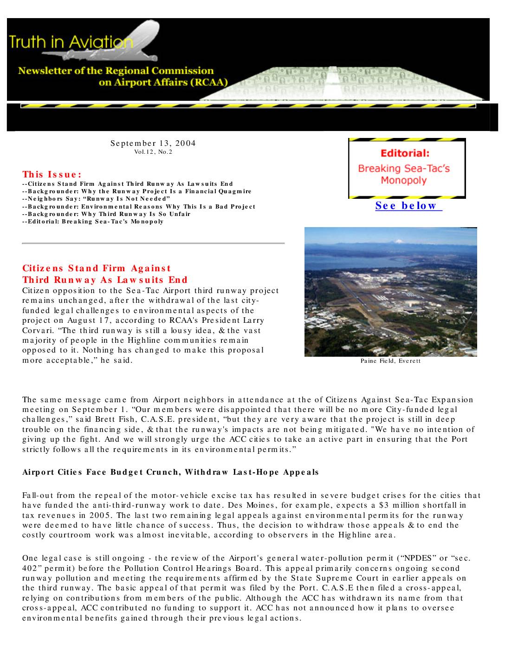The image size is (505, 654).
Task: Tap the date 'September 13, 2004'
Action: (153, 143)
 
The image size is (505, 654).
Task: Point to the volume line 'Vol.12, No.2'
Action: (153, 152)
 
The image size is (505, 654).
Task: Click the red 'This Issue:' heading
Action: (52, 175)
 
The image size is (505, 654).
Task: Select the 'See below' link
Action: (408, 206)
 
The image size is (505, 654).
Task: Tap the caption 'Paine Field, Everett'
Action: (390, 361)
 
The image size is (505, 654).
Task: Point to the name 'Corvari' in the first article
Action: (36, 331)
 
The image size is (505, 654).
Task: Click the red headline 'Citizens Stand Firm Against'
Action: (97, 268)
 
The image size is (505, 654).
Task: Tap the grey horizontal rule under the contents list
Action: (153, 243)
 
